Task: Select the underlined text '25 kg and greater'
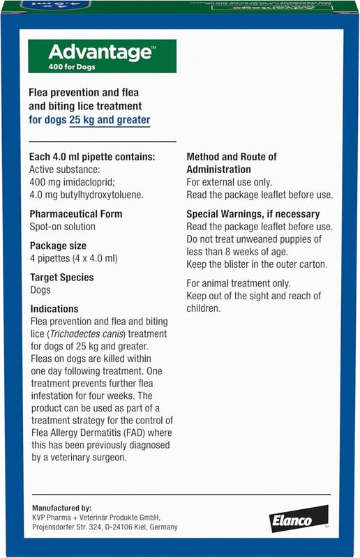[110, 120]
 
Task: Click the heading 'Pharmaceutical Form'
[76, 214]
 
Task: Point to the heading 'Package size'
[58, 246]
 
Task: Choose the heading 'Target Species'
[61, 277]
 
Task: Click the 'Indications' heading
[54, 308]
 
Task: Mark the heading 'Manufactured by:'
[61, 508]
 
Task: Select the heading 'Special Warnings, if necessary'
[253, 214]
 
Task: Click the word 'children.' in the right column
[204, 308]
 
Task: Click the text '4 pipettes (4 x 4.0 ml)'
[74, 258]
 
